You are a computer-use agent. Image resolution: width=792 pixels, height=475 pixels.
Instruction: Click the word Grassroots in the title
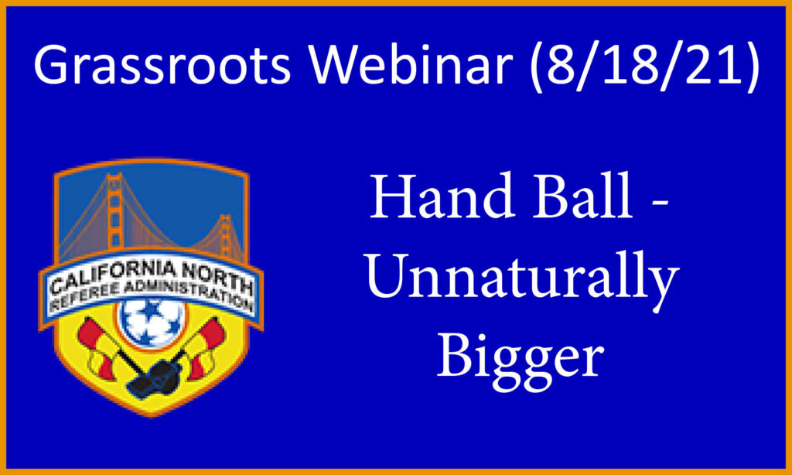pos(162,65)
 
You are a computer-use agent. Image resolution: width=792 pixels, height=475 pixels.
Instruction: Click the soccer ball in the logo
pos(150,323)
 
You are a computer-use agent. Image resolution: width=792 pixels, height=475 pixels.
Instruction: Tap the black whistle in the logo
pos(154,377)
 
